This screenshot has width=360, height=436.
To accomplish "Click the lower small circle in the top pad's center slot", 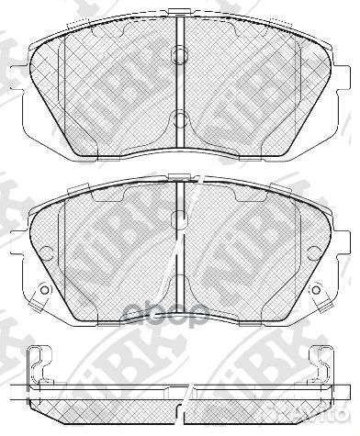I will [181, 117].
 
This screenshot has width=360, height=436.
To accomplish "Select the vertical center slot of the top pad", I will [181, 87].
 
